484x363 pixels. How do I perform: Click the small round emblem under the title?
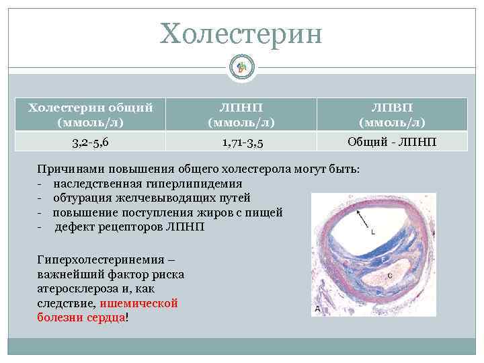[x=242, y=66]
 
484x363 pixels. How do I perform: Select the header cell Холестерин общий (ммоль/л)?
[x=90, y=114]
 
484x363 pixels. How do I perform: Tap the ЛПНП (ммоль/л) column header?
[x=241, y=114]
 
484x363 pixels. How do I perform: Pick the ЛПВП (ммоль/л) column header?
[x=391, y=114]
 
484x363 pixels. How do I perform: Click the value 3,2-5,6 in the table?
[x=90, y=141]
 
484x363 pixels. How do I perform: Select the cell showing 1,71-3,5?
[x=241, y=141]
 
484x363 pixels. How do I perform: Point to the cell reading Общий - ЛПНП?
[x=391, y=141]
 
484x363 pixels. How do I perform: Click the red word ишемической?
[x=146, y=303]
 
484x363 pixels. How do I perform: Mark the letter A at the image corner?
[x=317, y=309]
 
